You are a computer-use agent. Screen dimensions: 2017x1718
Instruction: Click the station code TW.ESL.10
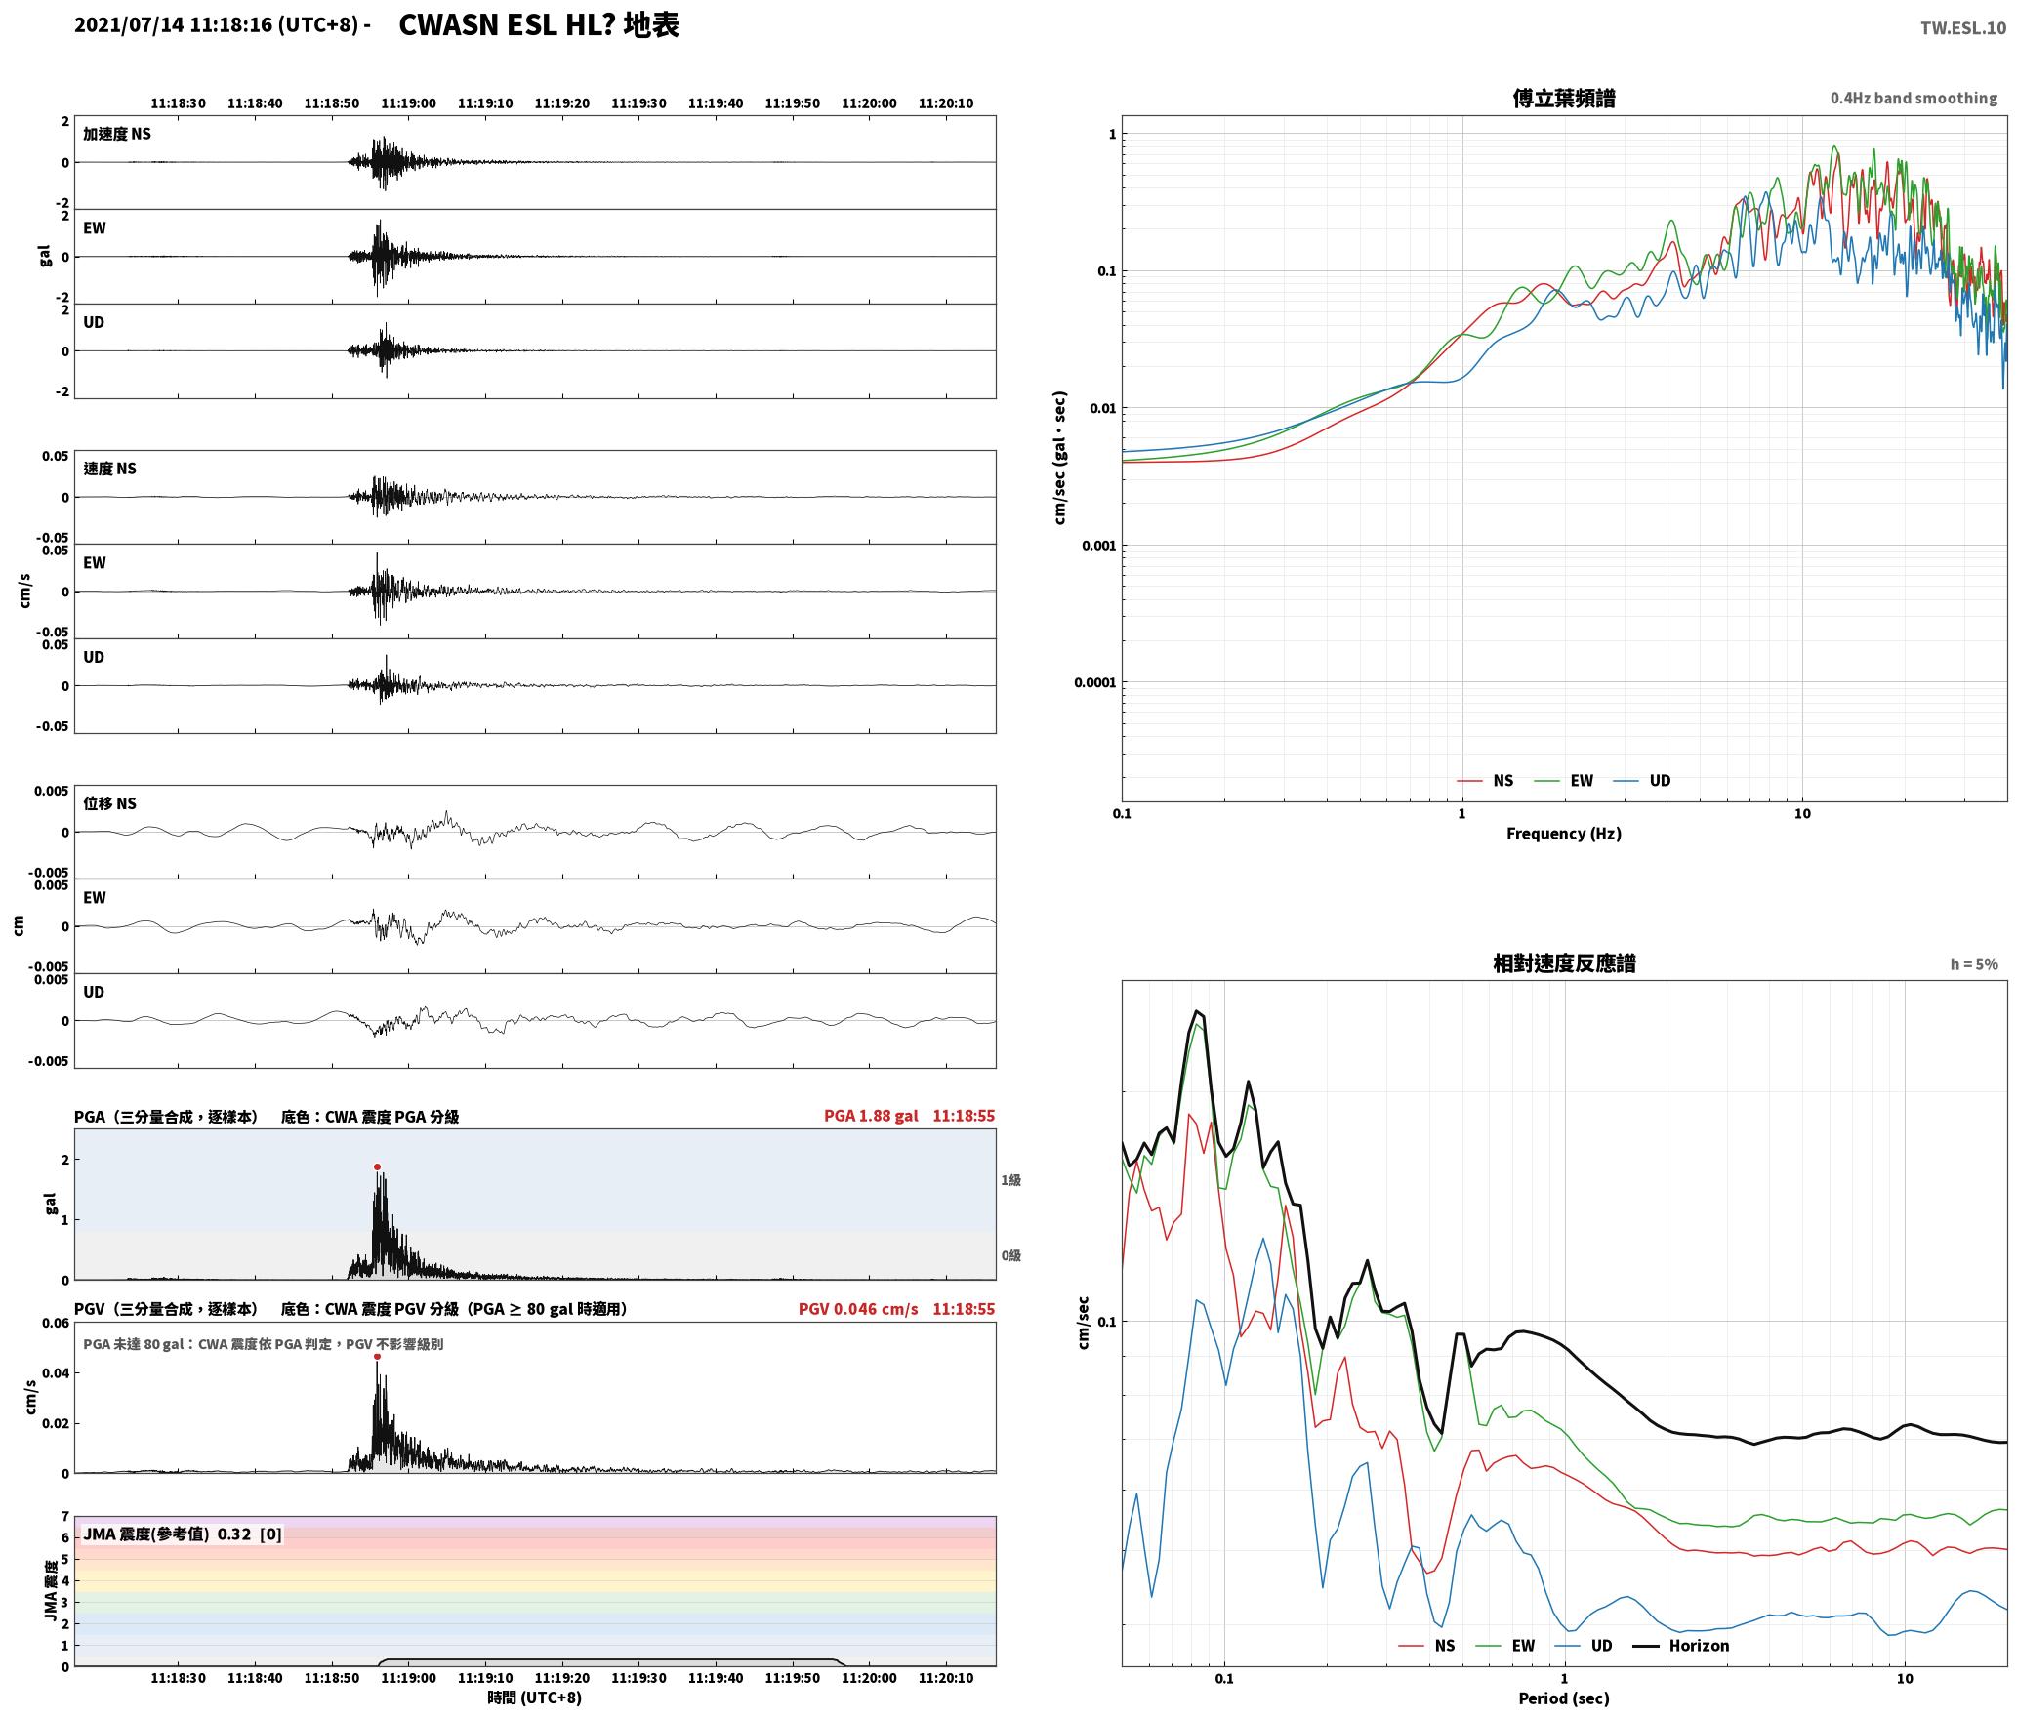1962,28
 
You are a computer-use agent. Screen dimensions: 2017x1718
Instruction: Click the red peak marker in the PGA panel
377,1166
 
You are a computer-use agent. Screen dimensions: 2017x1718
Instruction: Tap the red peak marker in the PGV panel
377,1356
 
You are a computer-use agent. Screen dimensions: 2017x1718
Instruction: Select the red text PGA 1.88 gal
871,1116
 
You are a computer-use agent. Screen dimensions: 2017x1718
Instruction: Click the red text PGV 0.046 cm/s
858,1309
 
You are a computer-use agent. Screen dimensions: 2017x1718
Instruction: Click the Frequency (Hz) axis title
1563,834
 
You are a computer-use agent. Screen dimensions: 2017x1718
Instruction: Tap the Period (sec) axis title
1563,1698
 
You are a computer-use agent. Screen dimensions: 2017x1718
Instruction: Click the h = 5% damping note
1974,964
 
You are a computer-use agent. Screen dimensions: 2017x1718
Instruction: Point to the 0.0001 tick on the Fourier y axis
1094,682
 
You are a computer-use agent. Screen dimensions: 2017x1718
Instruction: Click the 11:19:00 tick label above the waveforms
408,103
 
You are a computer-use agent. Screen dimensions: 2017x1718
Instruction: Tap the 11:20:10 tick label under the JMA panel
945,1678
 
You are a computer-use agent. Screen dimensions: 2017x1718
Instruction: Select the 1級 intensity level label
1010,1180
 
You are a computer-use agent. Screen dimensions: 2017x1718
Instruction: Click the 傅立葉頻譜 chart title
1563,99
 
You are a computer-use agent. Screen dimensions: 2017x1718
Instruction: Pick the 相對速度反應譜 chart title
1564,963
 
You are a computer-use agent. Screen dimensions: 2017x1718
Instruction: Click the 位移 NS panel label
109,803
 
